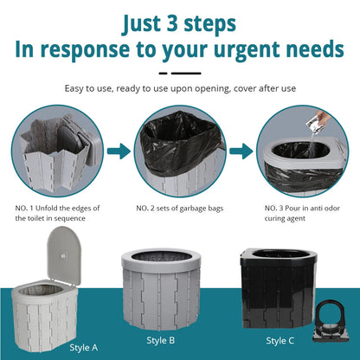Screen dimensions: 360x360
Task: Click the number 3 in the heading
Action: [173, 23]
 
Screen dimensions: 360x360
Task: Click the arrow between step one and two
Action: [119, 151]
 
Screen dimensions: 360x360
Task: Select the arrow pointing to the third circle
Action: [241, 151]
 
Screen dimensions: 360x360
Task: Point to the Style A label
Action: [84, 348]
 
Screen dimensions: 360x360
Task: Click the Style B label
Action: [161, 340]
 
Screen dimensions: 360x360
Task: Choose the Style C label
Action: [280, 341]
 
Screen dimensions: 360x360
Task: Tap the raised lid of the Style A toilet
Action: [64, 254]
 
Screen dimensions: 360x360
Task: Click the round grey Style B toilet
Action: [161, 289]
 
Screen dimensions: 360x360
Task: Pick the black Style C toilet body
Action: [278, 288]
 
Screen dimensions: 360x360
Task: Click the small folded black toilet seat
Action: [331, 321]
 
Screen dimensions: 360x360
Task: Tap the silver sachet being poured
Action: [314, 125]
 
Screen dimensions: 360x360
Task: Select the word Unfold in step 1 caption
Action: [46, 208]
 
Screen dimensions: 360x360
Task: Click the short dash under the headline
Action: [163, 74]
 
